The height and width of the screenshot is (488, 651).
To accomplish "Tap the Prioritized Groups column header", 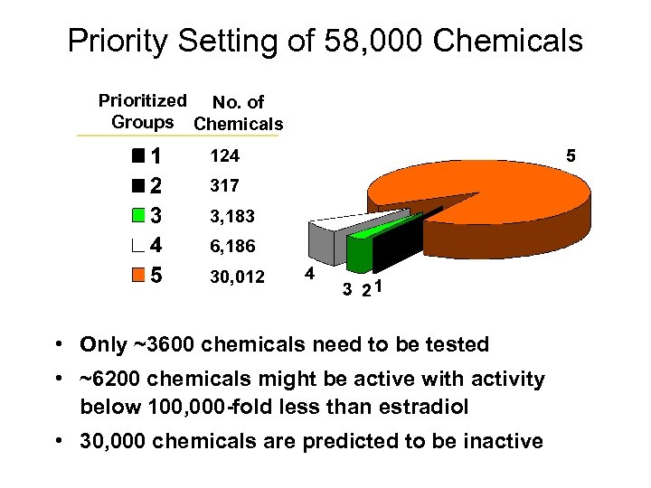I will pos(142,111).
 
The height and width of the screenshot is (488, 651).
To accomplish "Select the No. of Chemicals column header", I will pos(239,114).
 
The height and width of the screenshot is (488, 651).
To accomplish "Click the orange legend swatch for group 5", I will pos(137,275).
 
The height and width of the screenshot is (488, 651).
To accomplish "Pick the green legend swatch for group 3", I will pos(137,216).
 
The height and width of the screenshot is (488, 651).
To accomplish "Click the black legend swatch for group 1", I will pos(137,156).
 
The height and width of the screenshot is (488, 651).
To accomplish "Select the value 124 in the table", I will pos(224,156).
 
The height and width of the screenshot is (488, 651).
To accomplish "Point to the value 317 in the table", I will pos(224,186).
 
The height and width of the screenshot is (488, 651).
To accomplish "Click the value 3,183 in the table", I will pos(232,217).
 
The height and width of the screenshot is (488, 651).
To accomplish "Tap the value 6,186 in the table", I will pos(232,247).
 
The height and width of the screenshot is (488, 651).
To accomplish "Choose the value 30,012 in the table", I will pos(237,277).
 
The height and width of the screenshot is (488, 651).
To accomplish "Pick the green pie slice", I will pos(360,249).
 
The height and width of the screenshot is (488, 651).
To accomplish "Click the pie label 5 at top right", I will pos(571,156).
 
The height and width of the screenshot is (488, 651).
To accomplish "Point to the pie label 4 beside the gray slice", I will pos(309,274).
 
